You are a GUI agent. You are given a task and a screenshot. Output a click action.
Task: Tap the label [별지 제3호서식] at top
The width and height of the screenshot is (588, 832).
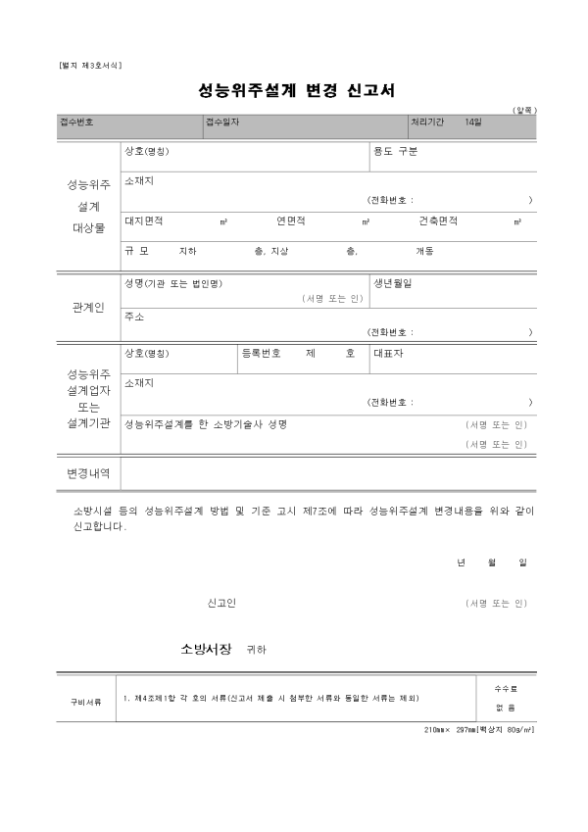(90, 65)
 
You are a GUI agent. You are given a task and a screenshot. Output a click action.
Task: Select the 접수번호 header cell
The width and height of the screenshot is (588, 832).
(76, 122)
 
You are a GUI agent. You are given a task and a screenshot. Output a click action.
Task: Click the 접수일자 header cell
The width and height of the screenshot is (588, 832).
(222, 122)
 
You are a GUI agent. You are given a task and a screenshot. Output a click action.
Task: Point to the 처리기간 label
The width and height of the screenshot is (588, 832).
(428, 122)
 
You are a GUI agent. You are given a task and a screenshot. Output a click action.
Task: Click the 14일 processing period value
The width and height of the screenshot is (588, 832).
(474, 122)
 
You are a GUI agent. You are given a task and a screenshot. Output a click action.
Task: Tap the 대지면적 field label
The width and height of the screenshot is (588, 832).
(144, 221)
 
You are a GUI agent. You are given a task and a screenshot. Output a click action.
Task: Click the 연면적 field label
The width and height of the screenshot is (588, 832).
(291, 221)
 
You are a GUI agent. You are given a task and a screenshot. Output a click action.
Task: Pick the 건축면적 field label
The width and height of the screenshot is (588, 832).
(438, 221)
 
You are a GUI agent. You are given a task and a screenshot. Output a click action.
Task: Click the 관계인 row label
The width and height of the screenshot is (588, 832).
(88, 308)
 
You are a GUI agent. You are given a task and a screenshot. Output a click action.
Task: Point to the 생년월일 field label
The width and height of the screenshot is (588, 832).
(393, 283)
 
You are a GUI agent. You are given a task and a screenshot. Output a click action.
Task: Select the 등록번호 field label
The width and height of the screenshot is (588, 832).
(261, 353)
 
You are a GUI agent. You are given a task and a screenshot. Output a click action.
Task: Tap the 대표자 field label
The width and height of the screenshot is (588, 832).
(388, 353)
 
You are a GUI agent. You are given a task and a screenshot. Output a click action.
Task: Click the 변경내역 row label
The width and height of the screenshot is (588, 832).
(88, 472)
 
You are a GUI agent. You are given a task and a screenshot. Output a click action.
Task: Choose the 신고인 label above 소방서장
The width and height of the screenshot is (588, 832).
(222, 603)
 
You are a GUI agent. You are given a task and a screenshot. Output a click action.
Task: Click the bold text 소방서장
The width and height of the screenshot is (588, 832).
(206, 649)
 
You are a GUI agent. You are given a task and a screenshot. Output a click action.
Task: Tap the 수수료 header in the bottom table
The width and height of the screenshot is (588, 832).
(506, 690)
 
